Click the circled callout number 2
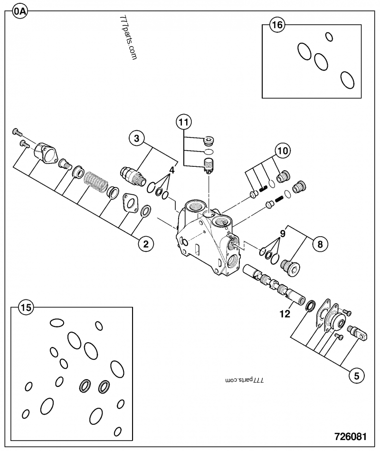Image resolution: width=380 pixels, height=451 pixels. pos(146,244)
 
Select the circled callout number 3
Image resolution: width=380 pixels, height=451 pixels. pos(136,139)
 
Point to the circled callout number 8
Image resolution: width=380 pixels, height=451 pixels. pos(320,245)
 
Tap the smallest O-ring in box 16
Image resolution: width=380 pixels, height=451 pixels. pos(328,36)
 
